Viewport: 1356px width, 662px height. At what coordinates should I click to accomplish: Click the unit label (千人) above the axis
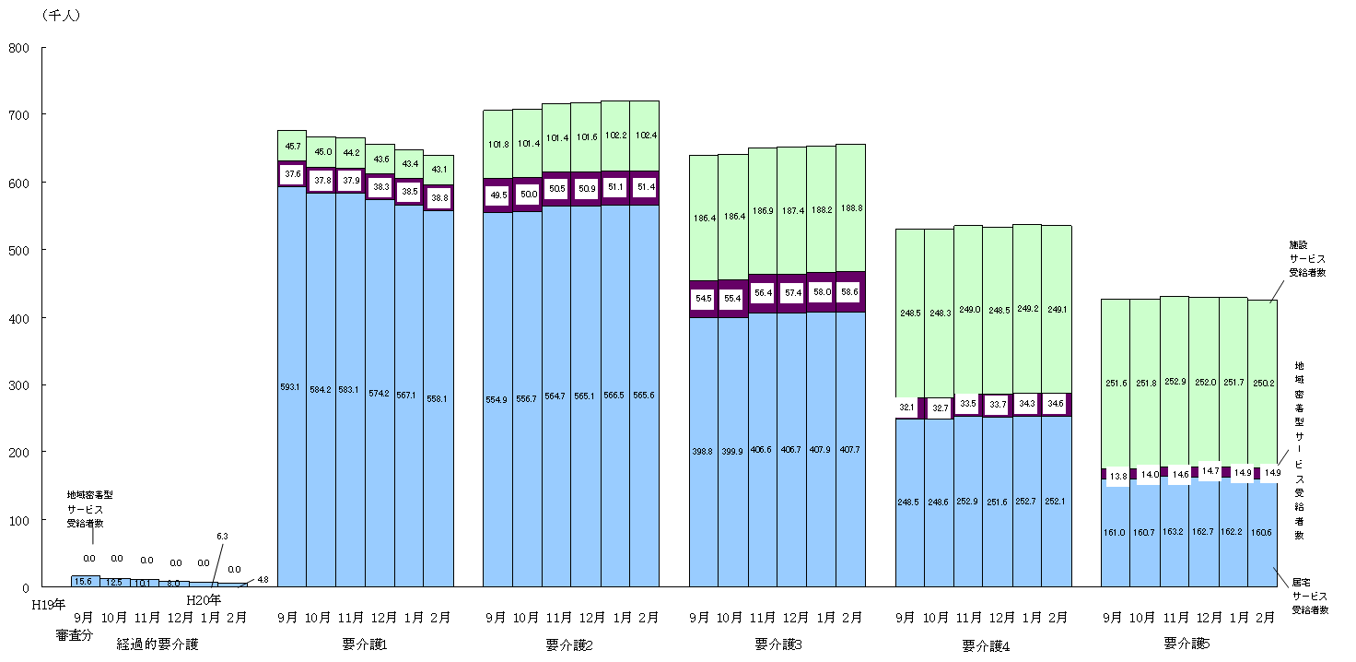(60, 16)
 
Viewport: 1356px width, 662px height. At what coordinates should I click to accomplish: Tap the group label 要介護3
(777, 644)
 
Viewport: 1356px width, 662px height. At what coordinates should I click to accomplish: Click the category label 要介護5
(1187, 643)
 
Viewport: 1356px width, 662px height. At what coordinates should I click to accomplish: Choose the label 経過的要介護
(158, 644)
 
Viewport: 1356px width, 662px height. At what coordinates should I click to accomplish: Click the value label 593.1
(291, 387)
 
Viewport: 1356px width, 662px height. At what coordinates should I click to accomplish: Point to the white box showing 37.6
(292, 174)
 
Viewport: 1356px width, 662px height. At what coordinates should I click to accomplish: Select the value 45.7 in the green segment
(292, 146)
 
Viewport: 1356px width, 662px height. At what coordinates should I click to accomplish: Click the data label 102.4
(645, 136)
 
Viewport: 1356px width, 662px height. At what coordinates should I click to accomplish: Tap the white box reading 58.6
(850, 291)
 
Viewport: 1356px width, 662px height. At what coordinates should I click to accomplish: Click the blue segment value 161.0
(1116, 532)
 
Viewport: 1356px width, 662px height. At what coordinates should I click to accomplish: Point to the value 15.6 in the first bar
(84, 582)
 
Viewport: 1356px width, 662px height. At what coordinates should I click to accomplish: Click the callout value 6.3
(222, 537)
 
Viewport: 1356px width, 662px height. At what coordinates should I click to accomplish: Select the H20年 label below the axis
(204, 601)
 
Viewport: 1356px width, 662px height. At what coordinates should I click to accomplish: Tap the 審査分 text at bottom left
(75, 635)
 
